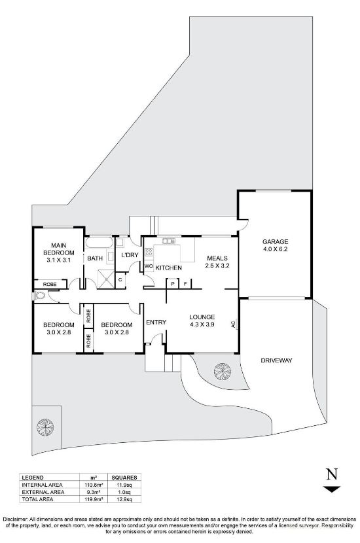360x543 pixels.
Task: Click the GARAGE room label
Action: (x=276, y=241)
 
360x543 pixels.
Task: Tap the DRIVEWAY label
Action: (x=276, y=360)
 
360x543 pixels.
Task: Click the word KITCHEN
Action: (x=168, y=268)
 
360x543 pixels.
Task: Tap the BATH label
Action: (x=95, y=258)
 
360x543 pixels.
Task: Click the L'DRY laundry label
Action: (x=128, y=255)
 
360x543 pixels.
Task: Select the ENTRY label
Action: (x=156, y=322)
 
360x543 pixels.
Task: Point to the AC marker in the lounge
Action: (x=233, y=323)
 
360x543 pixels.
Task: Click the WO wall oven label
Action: (x=148, y=267)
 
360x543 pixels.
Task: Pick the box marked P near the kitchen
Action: (x=172, y=284)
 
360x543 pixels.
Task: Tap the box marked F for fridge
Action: (x=186, y=284)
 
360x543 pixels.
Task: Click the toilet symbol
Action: (x=41, y=296)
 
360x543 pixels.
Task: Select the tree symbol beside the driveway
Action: (x=223, y=372)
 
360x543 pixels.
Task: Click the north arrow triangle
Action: (x=333, y=488)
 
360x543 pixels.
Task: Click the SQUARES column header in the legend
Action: (x=124, y=478)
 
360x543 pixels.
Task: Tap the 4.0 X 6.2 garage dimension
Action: (x=276, y=249)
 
